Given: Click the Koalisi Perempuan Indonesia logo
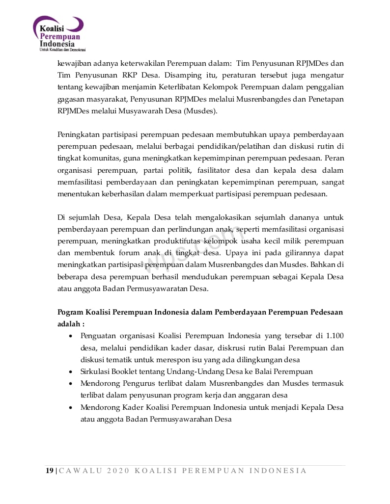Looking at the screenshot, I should pos(59,34).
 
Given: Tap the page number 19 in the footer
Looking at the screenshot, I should pos(49,471).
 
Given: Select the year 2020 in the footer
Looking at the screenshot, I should pos(116,471).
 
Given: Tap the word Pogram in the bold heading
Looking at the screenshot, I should pos(70,312).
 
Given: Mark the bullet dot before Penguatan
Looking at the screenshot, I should pos(71,337).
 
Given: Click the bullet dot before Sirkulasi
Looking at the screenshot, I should pos(71,372).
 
